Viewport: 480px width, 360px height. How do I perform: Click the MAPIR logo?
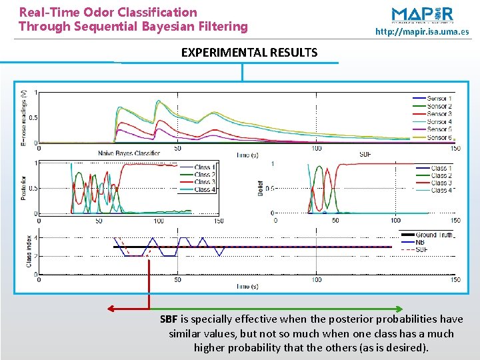click(422, 15)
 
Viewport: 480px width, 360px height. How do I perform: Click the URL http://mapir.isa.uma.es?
click(422, 32)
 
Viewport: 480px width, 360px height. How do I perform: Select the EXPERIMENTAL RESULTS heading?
click(249, 53)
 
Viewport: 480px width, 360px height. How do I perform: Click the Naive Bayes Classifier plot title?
click(129, 154)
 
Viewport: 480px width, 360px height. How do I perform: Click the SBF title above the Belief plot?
click(365, 154)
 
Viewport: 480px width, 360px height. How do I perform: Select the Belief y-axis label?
click(261, 188)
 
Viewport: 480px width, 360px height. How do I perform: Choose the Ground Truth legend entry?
click(434, 235)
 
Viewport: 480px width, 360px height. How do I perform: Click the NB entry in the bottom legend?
click(420, 242)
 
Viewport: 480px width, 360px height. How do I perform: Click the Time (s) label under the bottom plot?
click(247, 286)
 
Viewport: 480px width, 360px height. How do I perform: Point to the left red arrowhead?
click(111, 309)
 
